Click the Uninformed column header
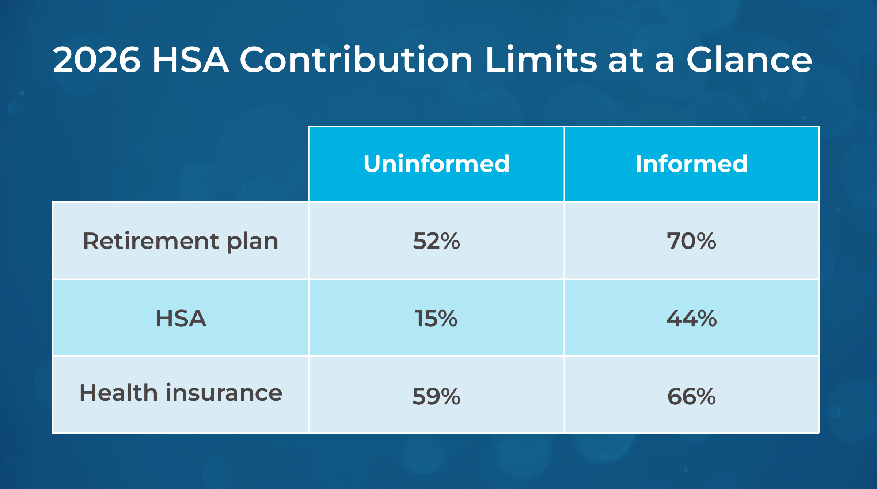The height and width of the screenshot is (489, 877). [x=436, y=164]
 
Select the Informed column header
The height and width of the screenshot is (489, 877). [x=691, y=164]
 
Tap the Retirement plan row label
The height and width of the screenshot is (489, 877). [x=181, y=241]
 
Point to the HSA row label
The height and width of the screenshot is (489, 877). [x=181, y=318]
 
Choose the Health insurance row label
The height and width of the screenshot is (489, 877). [x=181, y=393]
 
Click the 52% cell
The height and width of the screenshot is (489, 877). [x=436, y=241]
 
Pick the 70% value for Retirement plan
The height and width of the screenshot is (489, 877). [x=691, y=241]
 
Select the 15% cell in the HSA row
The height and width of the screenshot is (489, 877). [x=436, y=318]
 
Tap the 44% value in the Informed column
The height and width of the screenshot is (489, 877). [x=691, y=318]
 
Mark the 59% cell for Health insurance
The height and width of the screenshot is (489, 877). [x=436, y=396]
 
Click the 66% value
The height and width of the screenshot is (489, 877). [x=691, y=396]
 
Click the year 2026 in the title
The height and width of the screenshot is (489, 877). [x=96, y=60]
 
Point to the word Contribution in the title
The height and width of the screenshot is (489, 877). [x=356, y=60]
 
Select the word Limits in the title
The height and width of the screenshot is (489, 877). [x=541, y=60]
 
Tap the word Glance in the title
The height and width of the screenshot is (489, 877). [x=749, y=60]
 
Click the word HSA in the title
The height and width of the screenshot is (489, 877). [x=190, y=60]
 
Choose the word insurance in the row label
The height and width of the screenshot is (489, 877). [x=224, y=393]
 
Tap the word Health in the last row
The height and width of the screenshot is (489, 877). [x=118, y=393]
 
